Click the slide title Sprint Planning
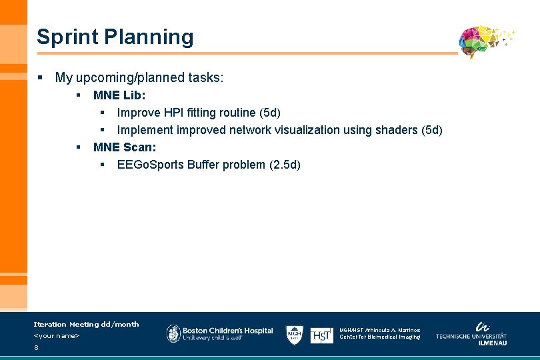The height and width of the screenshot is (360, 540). coord(115,37)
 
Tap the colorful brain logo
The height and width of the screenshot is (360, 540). coord(483,42)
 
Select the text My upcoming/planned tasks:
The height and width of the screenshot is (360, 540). coord(139,78)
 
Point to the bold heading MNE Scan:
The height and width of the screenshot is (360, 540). coord(125,147)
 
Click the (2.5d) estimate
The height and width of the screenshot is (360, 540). coord(285,165)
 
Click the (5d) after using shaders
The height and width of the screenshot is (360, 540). coord(430,130)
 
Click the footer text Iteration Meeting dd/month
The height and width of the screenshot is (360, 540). coord(86,325)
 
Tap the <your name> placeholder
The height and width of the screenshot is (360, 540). coord(57,336)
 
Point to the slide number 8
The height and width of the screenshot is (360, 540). coord(36,348)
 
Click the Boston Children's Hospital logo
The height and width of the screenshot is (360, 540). coord(219,333)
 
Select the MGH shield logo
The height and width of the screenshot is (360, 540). coord(295,335)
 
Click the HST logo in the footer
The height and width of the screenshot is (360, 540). coord(321,335)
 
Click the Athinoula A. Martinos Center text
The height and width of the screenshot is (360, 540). coord(380,333)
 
